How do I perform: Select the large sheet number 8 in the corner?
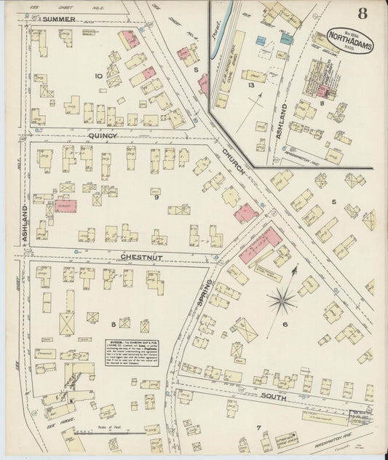pyautogui.click(x=362, y=12)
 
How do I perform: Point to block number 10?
pyautogui.click(x=98, y=76)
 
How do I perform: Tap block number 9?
pyautogui.click(x=155, y=197)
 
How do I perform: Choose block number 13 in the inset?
pyautogui.click(x=250, y=86)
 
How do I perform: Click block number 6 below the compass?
pyautogui.click(x=285, y=325)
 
